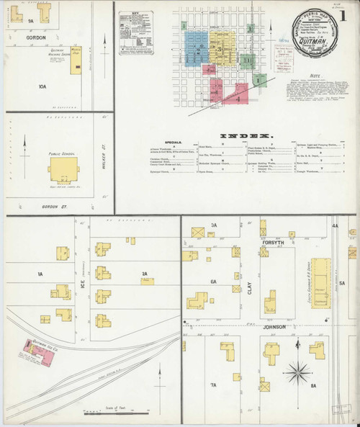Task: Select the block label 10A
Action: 42,86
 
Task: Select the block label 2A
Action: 143,274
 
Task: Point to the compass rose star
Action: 295,373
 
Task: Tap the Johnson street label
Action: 275,327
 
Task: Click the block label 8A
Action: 313,385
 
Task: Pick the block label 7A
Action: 213,385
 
